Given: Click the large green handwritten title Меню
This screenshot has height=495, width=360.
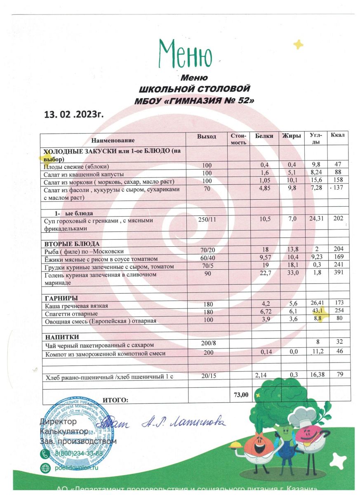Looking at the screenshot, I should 185,55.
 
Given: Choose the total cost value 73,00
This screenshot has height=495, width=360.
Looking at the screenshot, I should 240,395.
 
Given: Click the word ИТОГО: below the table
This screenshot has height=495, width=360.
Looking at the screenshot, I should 115,400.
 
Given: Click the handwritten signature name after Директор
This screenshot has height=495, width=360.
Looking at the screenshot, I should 184,422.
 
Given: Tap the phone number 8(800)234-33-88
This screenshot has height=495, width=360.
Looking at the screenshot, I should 79,454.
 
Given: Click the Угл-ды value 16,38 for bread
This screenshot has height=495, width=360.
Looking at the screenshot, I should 316,375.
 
